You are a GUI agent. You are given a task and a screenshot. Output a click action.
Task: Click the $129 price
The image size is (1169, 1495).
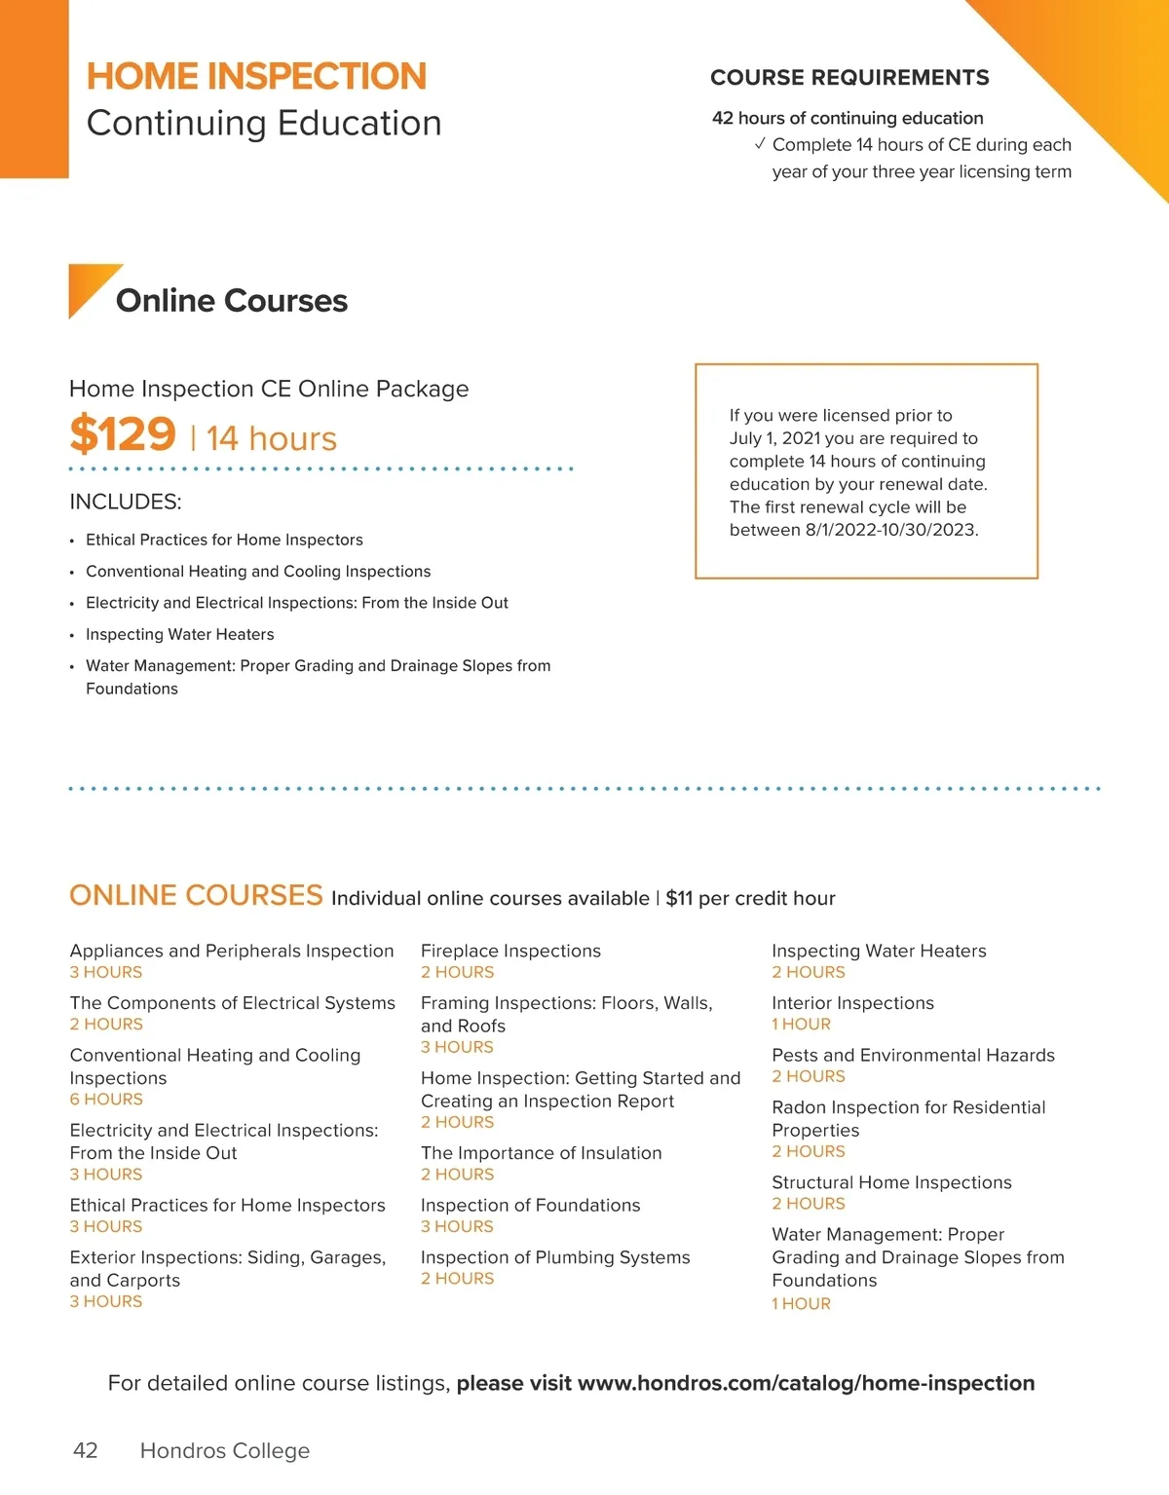(x=123, y=434)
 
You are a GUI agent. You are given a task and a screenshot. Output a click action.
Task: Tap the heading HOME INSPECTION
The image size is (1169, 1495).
(x=256, y=76)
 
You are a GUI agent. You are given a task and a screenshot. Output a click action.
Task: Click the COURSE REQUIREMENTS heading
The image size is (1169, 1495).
(x=849, y=78)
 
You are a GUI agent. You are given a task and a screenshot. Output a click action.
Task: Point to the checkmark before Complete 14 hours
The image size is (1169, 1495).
(x=760, y=144)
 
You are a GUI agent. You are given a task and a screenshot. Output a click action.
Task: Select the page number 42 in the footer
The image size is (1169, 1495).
(x=86, y=1450)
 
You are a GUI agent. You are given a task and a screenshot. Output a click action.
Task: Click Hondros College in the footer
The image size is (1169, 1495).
(x=225, y=1450)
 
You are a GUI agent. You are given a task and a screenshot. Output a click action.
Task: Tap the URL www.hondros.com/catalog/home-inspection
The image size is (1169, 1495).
(x=806, y=1383)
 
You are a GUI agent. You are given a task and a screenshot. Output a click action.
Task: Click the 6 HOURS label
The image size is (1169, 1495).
(x=106, y=1100)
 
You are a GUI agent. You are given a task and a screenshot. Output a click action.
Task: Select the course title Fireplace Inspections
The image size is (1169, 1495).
(x=510, y=951)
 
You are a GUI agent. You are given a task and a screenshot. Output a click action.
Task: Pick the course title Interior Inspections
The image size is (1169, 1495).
(x=852, y=1003)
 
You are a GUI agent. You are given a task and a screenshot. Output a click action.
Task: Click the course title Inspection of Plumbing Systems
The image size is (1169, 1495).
(x=555, y=1257)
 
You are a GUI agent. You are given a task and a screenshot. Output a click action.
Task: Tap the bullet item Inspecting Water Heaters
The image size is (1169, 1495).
(x=180, y=634)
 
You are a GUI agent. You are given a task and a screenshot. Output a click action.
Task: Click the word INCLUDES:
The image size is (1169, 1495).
(x=126, y=502)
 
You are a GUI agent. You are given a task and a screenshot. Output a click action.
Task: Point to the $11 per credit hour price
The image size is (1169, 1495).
(x=750, y=898)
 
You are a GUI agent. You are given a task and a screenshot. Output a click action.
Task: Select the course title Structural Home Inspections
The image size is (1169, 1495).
(x=891, y=1182)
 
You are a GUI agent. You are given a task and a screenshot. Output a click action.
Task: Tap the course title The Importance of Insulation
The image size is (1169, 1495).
(x=541, y=1153)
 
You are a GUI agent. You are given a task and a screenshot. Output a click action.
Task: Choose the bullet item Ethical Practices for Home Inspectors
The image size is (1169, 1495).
(x=224, y=540)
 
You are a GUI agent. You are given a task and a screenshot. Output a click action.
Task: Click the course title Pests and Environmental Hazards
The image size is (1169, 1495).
(x=913, y=1055)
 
